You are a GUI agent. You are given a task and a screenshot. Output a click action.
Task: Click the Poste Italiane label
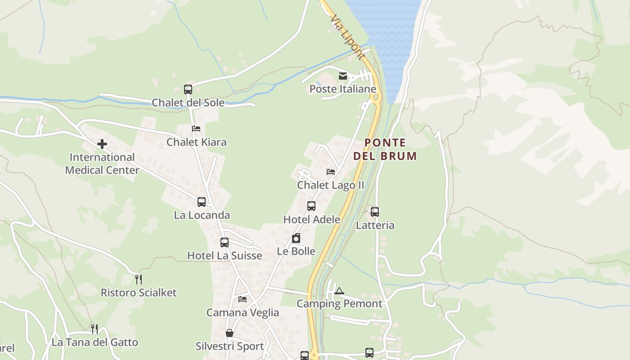pyautogui.click(x=342, y=89)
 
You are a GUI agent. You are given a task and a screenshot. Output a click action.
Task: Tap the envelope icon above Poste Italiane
pyautogui.click(x=343, y=76)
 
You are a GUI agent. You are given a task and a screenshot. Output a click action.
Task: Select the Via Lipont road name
pyautogui.click(x=347, y=37)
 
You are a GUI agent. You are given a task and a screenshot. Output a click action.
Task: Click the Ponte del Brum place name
pyautogui.click(x=385, y=149)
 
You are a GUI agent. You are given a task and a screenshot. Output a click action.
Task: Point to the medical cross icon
pyautogui.click(x=102, y=144)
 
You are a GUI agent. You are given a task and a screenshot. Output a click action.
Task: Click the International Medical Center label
pyautogui.click(x=102, y=164)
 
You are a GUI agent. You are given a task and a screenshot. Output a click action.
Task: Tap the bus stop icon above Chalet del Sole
pyautogui.click(x=188, y=90)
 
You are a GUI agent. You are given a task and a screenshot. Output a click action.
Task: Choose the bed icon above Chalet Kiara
pyautogui.click(x=196, y=129)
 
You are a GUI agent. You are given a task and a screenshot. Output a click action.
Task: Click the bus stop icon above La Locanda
pyautogui.click(x=202, y=202)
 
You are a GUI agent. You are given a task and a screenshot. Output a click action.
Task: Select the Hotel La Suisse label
pyautogui.click(x=225, y=256)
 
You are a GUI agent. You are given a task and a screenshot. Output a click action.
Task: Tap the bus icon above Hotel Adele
pyautogui.click(x=311, y=206)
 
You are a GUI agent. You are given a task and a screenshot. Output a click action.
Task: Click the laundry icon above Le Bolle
pyautogui.click(x=296, y=238)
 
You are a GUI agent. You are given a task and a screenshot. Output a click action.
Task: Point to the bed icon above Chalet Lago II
pyautogui.click(x=331, y=172)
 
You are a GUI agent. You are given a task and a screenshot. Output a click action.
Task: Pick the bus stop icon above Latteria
pyautogui.click(x=375, y=211)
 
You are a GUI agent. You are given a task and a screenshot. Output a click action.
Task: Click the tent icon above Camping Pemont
pyautogui.click(x=339, y=291)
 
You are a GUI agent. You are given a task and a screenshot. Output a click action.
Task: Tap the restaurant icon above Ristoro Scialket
pyautogui.click(x=139, y=279)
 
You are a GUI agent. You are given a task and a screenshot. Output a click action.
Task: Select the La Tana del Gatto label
pyautogui.click(x=95, y=342)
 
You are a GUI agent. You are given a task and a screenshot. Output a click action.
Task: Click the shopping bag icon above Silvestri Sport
pyautogui.click(x=229, y=333)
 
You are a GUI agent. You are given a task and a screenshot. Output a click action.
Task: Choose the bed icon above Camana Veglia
pyautogui.click(x=243, y=299)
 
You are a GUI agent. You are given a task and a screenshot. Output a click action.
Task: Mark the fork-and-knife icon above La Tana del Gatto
pyautogui.click(x=94, y=329)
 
